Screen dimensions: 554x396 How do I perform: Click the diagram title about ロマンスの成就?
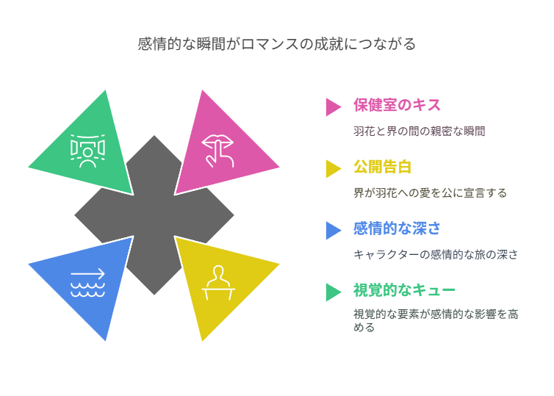[x=277, y=44]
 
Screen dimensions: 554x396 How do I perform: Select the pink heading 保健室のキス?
[x=397, y=105]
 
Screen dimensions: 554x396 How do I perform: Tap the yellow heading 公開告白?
[x=382, y=167]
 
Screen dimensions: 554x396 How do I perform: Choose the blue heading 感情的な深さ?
[x=397, y=228]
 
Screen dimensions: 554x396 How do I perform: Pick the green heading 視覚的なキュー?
[x=404, y=290]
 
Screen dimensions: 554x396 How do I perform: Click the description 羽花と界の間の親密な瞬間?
[x=419, y=132]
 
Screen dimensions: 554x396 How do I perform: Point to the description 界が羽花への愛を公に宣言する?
[x=430, y=193]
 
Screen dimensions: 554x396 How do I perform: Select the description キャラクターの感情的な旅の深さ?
[x=436, y=255]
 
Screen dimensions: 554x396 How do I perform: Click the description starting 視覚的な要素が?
[x=436, y=320]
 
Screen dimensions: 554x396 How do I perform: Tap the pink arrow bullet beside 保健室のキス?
[x=333, y=107]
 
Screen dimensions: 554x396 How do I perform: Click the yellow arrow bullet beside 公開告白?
[x=333, y=169]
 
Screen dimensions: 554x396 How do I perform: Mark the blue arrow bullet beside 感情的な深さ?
[x=333, y=230]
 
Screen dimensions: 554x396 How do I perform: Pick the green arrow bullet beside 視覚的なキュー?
[x=333, y=292]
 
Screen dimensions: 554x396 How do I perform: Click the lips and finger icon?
[x=217, y=151]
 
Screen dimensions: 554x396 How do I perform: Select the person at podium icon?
[x=218, y=283]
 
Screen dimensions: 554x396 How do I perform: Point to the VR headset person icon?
[x=87, y=151]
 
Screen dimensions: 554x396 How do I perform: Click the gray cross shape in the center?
[x=154, y=215]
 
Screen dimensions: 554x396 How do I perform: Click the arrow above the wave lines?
[x=87, y=273]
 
